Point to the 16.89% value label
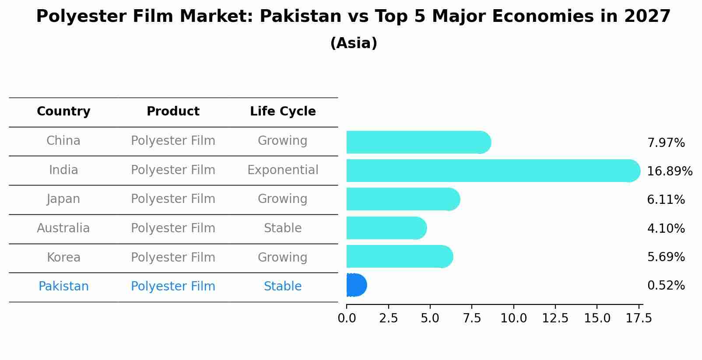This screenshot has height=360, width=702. click(669, 171)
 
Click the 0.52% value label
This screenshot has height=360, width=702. click(666, 286)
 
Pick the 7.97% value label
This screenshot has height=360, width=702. click(666, 143)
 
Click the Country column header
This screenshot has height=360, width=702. click(63, 112)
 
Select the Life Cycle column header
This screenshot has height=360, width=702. click(283, 112)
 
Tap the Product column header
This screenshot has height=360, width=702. click(173, 112)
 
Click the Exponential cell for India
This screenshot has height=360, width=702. click(283, 170)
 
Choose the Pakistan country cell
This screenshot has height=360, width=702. click(63, 287)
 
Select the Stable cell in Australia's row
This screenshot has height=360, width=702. click(283, 228)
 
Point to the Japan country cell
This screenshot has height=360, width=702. click(63, 199)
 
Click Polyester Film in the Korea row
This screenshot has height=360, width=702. click(173, 257)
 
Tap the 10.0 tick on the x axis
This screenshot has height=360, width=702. click(513, 318)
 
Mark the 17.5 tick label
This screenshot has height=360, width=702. click(639, 318)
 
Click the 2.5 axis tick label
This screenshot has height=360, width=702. click(388, 318)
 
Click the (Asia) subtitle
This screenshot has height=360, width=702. click(354, 43)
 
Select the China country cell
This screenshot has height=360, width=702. click(63, 141)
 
